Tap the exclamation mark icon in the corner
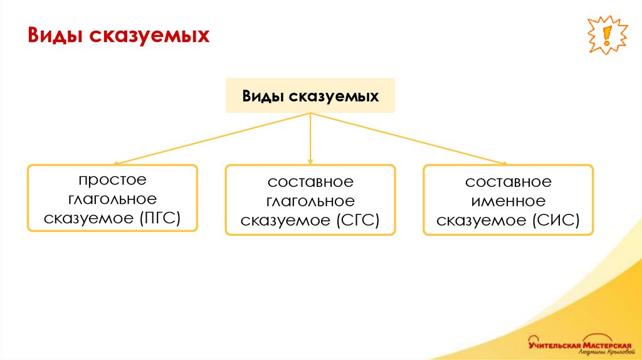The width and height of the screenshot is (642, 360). (606, 34)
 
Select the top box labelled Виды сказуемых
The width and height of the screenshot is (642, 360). (310, 96)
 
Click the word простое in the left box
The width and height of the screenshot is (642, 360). (112, 180)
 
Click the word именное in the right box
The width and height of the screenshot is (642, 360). (508, 201)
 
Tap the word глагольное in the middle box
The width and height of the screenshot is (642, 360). (310, 201)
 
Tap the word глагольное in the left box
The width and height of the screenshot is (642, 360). (112, 199)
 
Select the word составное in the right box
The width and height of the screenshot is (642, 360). (508, 182)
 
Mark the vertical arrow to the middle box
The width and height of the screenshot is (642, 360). (310, 139)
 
